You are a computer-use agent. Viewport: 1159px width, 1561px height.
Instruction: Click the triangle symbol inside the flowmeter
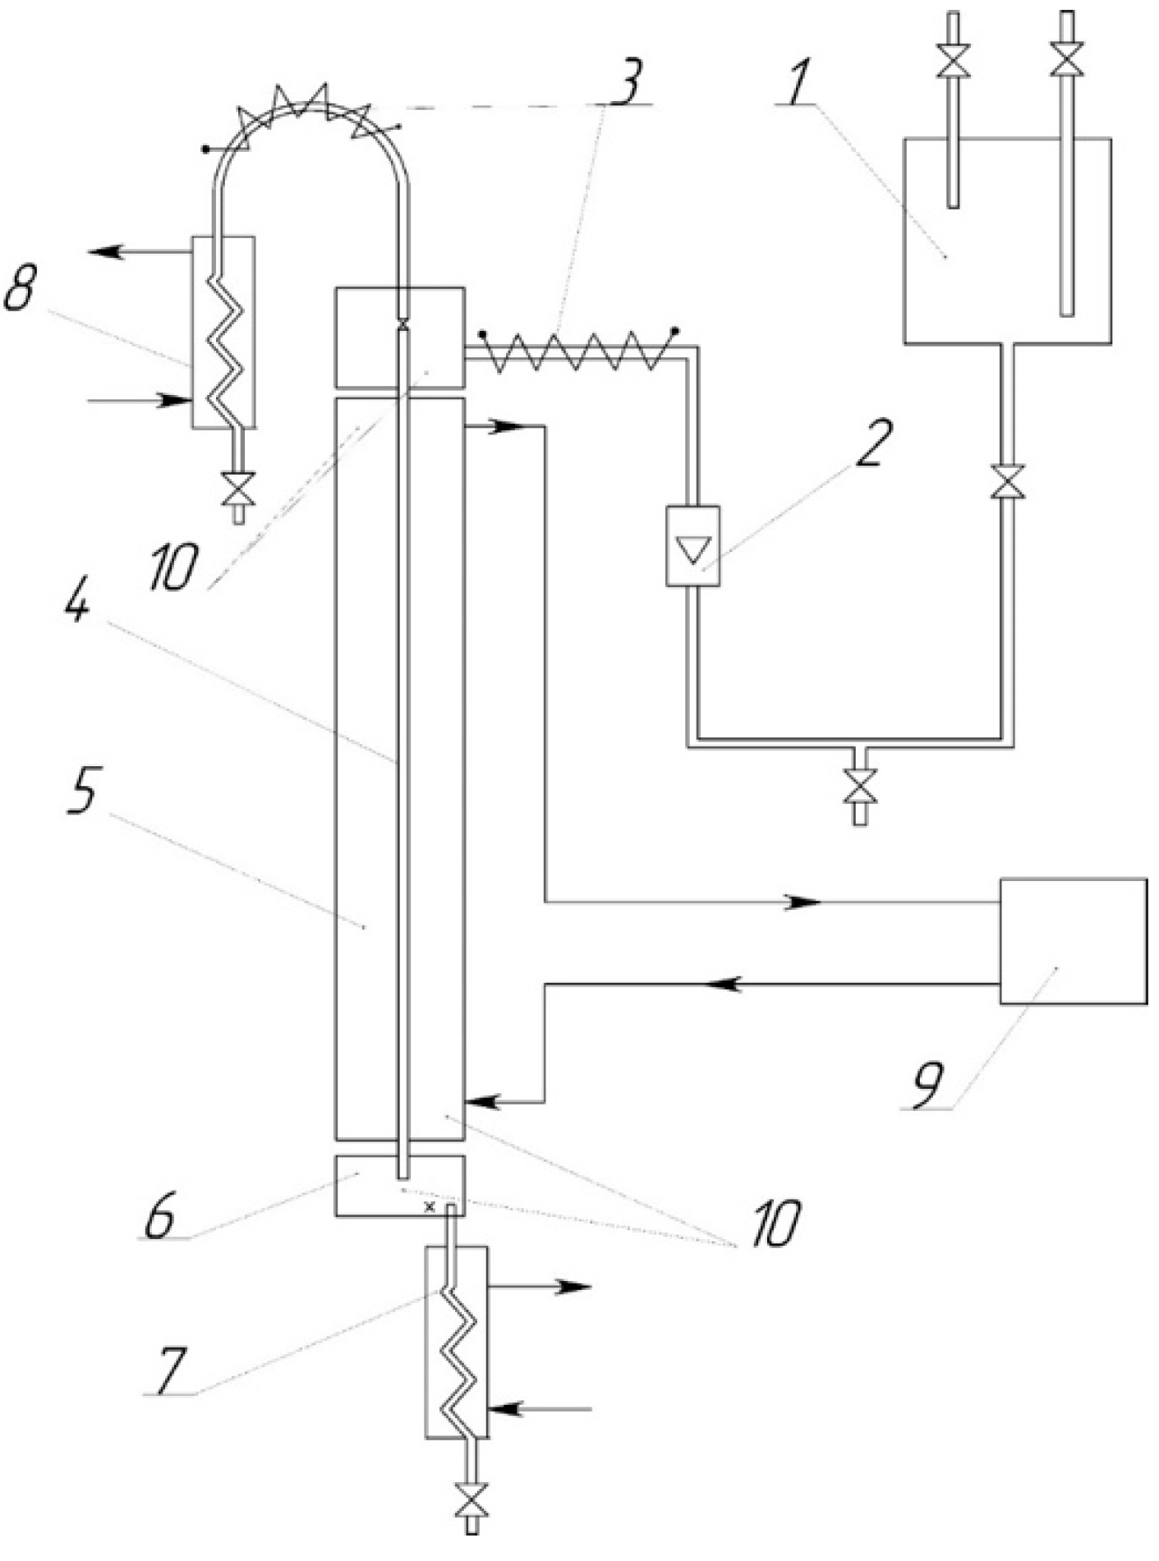pyautogui.click(x=693, y=549)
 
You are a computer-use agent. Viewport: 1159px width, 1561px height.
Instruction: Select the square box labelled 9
pyautogui.click(x=1073, y=940)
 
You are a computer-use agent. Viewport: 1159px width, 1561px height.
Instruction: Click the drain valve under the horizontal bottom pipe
pyautogui.click(x=860, y=786)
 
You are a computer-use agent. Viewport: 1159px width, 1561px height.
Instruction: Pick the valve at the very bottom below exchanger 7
pyautogui.click(x=471, y=1499)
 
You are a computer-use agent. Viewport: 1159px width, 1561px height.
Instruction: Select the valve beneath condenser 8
pyautogui.click(x=239, y=491)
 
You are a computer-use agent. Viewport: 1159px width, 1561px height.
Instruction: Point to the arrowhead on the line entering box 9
pyautogui.click(x=803, y=902)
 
